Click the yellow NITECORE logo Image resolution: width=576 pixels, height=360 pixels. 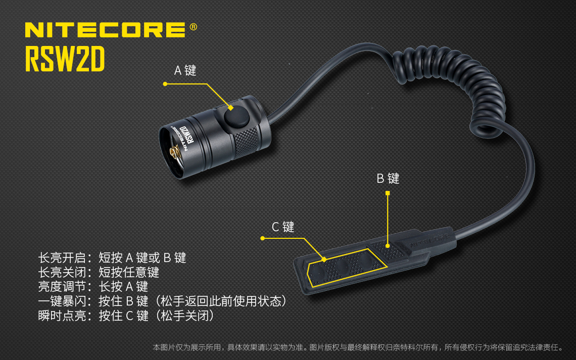tap(105, 30)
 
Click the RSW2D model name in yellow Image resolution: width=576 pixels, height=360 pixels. tap(65, 60)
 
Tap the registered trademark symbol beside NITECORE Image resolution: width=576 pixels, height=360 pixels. tap(193, 27)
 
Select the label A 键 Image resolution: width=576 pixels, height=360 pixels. tap(185, 71)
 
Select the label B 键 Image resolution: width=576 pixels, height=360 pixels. tap(388, 178)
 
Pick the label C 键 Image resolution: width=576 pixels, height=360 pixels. tap(283, 227)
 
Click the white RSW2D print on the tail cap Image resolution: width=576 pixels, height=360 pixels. tap(185, 136)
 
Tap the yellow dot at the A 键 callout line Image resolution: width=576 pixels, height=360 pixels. tap(165, 84)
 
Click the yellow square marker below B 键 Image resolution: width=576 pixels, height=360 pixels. tap(388, 193)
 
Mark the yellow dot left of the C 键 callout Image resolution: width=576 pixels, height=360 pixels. tap(263, 238)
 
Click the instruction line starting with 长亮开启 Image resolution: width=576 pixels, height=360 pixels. tap(112, 258)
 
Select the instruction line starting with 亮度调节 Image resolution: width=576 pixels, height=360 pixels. tap(93, 287)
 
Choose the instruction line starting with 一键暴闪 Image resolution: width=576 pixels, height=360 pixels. tap(163, 301)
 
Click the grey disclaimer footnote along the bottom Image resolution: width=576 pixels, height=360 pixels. tap(358, 347)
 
